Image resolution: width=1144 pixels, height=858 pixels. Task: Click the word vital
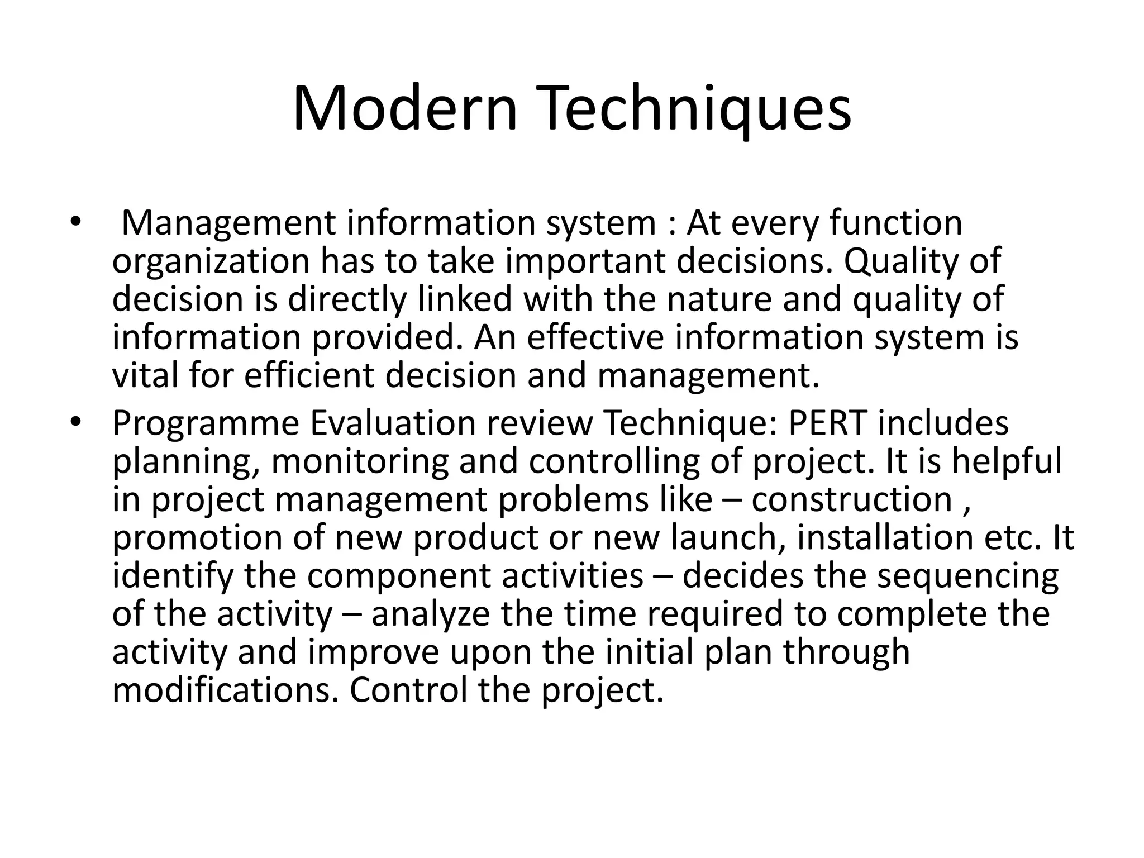145,375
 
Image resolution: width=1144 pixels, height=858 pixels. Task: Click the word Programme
206,423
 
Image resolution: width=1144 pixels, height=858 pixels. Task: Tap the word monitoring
360,463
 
